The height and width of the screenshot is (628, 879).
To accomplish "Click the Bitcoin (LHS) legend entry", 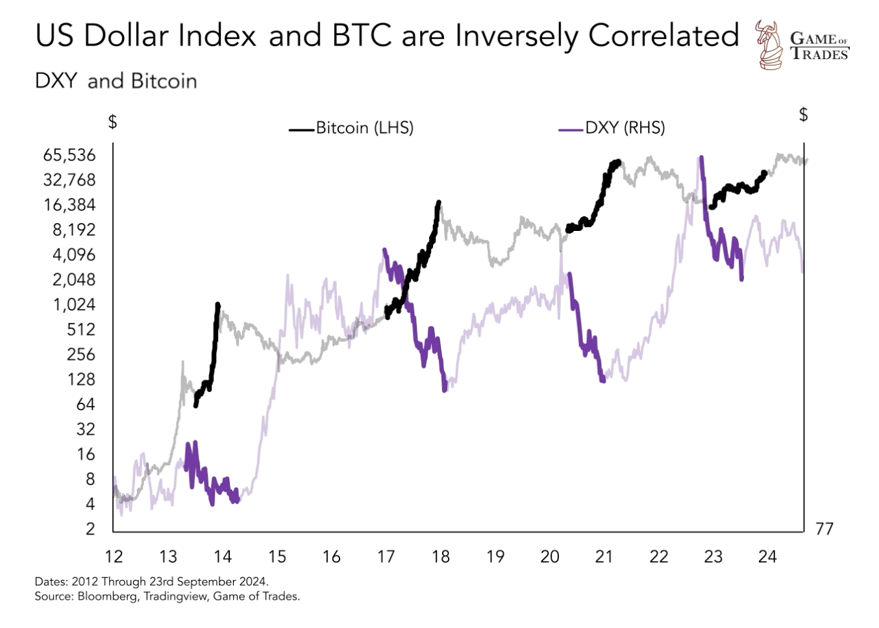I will [364, 128].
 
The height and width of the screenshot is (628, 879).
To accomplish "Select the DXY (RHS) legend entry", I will [625, 128].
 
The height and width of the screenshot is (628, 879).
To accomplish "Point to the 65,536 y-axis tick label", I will [69, 155].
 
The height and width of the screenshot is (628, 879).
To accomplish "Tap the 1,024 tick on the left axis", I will [74, 304].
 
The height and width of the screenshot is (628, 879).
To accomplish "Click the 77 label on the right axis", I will [824, 529].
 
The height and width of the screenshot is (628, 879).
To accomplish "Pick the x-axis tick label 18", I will [441, 557].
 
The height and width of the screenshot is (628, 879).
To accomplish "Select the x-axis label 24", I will [767, 557].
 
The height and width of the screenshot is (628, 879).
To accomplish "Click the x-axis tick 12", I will [114, 557].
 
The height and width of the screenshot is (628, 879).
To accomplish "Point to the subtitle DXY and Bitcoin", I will [116, 81].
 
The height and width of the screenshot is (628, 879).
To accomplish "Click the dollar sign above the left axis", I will [112, 121].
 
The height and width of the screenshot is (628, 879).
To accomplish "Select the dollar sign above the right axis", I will [804, 115].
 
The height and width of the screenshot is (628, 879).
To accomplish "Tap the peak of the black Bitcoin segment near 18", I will [439, 203].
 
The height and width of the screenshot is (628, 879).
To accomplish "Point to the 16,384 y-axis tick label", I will [69, 205].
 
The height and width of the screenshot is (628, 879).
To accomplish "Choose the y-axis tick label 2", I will [90, 529].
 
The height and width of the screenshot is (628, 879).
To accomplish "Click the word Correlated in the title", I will [663, 36].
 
